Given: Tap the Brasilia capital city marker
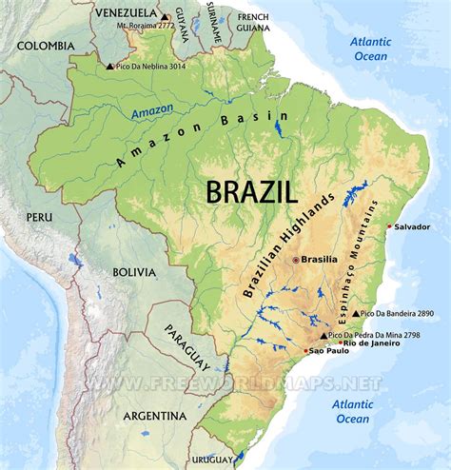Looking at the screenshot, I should (295, 260).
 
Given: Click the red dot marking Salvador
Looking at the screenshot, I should (389, 225).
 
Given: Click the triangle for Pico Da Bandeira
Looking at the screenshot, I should (356, 313).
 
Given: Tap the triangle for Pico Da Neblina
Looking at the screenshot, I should (110, 66).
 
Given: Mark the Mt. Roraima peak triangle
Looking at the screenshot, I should (165, 17).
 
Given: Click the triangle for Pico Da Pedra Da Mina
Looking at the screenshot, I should (324, 336).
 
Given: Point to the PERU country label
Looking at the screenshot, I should (39, 218).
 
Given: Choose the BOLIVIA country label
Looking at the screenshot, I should (134, 271).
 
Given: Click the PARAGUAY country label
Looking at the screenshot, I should (187, 345).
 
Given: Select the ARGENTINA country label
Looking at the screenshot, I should (154, 416).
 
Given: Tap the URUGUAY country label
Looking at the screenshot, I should (216, 460).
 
